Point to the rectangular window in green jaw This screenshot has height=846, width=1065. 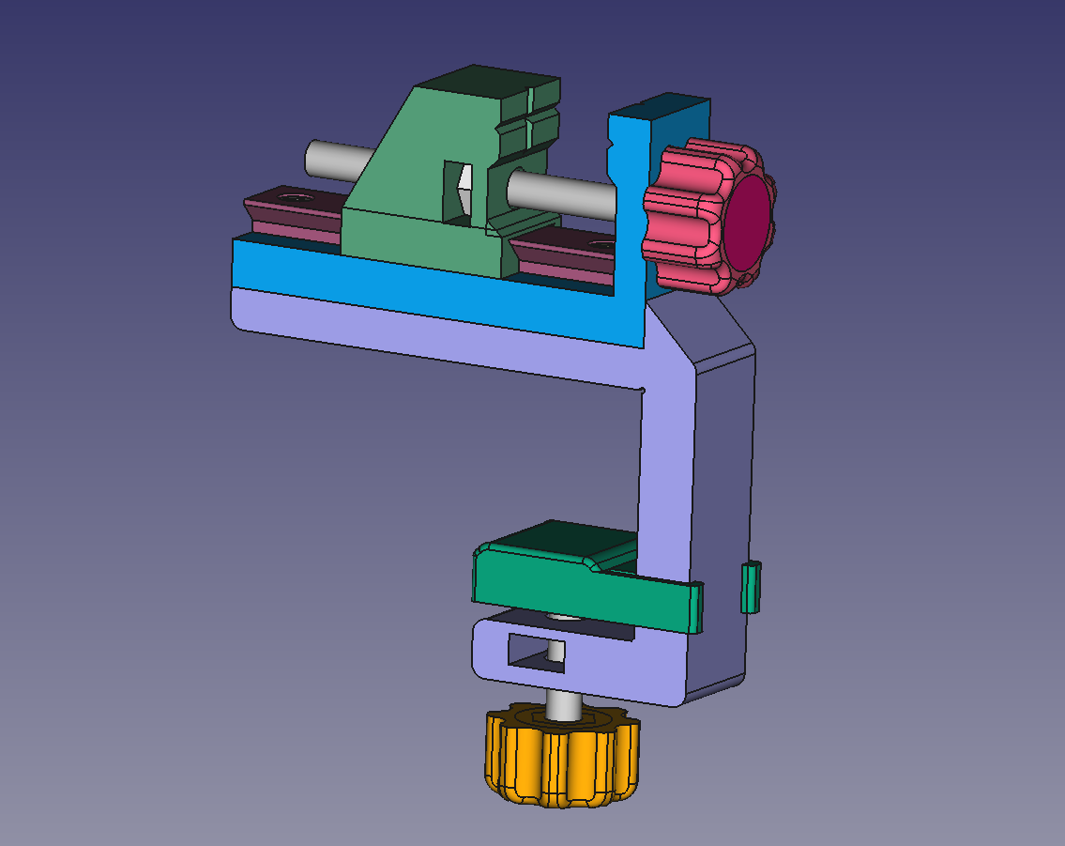457,192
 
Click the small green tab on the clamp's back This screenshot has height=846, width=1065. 751,587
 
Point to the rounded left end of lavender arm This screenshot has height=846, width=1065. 239,310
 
